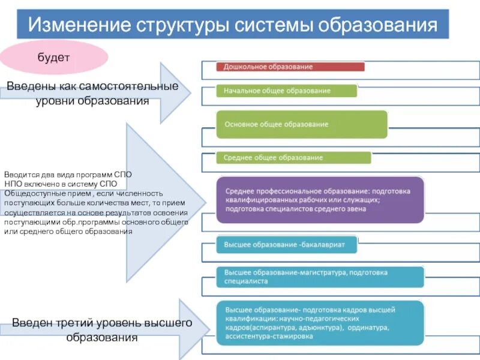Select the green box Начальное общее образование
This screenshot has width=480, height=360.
[x=286, y=91]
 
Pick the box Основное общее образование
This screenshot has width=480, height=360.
[x=302, y=124]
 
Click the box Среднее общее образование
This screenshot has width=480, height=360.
[x=293, y=158]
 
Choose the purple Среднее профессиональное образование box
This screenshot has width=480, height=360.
[x=320, y=200]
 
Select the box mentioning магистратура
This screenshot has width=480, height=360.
[x=320, y=276]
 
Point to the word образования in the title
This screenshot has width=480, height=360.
[x=378, y=26]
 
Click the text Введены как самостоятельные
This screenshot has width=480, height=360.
[x=92, y=86]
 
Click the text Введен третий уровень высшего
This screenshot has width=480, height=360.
[x=102, y=323]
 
